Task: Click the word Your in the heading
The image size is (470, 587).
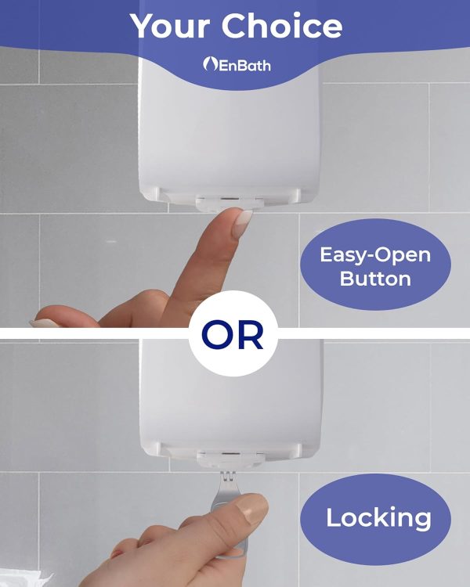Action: [x=169, y=26]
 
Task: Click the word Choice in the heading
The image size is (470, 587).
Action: [x=282, y=26]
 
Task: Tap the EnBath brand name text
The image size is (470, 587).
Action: [x=244, y=66]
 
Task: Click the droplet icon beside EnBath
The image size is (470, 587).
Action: [x=210, y=63]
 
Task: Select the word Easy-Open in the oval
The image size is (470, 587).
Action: [x=375, y=256]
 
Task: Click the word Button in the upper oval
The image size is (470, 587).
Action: [x=375, y=279]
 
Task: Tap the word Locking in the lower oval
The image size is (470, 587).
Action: [x=378, y=518]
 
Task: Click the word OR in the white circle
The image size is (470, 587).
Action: [x=233, y=335]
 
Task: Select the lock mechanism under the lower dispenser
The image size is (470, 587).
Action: [x=230, y=459]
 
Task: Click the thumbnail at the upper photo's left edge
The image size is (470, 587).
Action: [x=45, y=323]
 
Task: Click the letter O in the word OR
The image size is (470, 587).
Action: [x=217, y=335]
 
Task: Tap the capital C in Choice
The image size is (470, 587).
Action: [x=234, y=26]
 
